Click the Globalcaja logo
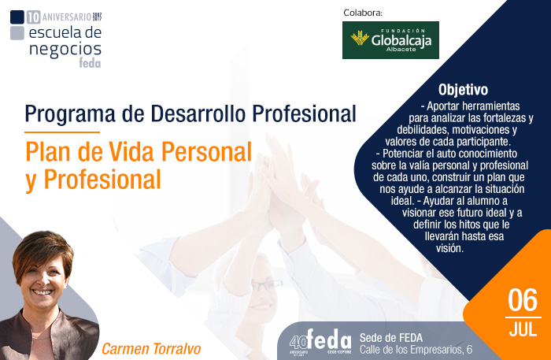[x=390, y=40]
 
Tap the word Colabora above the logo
[x=363, y=13]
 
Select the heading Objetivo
[x=463, y=90]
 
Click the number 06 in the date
[x=523, y=301]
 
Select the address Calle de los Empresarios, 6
[x=416, y=349]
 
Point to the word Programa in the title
[x=62, y=113]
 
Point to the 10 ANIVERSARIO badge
[x=57, y=16]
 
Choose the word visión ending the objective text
[x=449, y=247]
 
